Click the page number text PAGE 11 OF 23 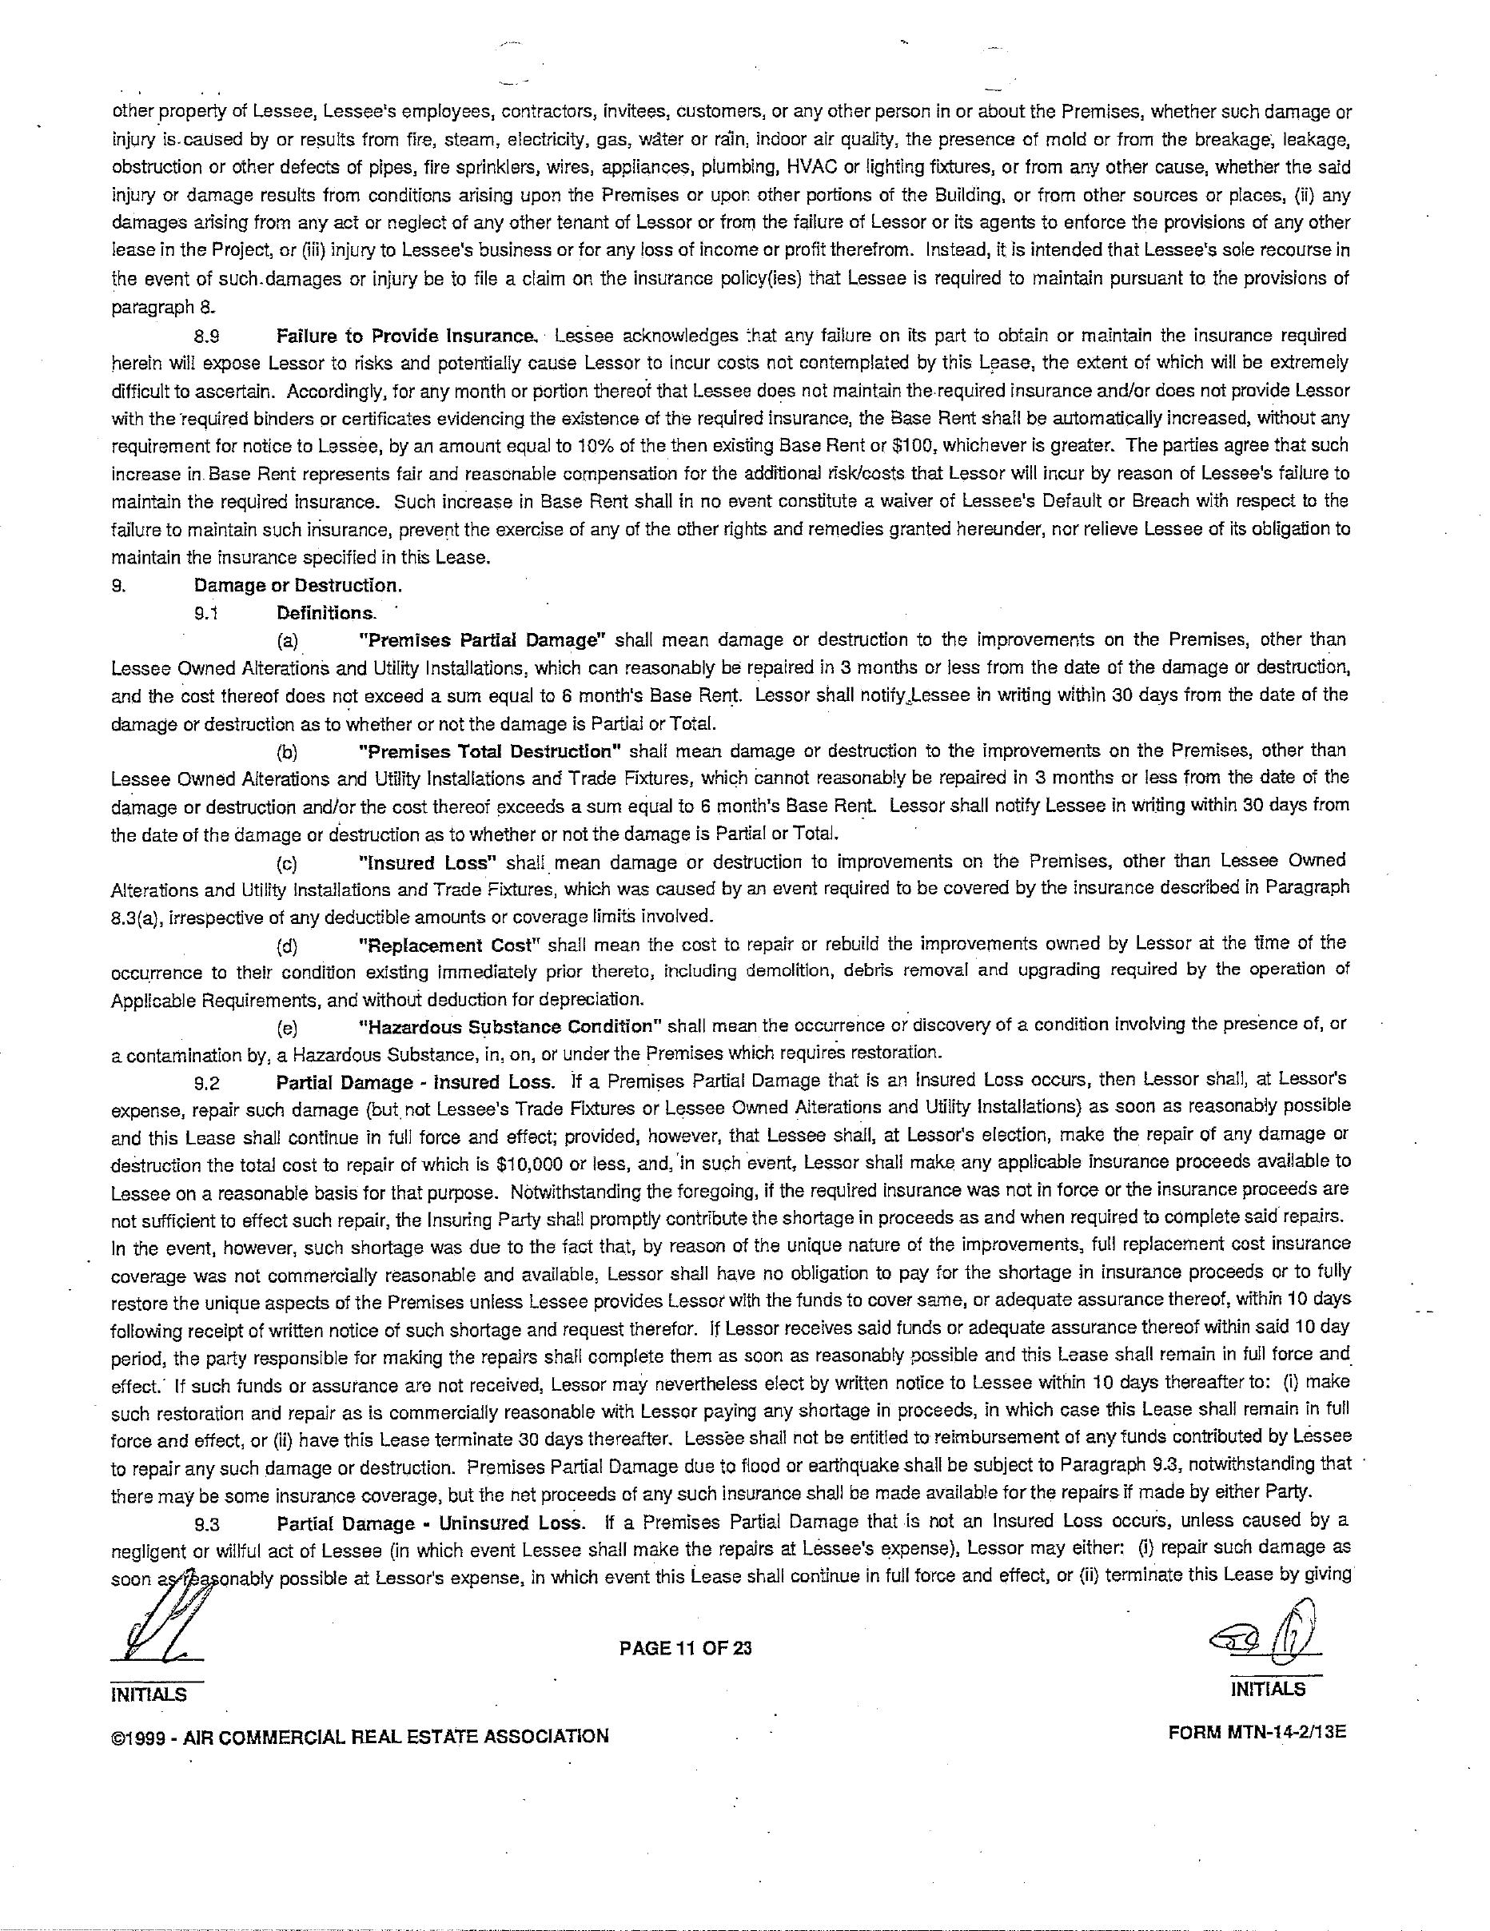point(685,1647)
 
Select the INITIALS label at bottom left point(148,1694)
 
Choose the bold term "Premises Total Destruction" point(491,751)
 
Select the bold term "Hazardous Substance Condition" point(510,1026)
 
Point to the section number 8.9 point(205,336)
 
